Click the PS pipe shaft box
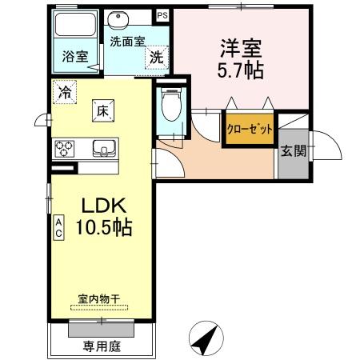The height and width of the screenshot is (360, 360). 162,15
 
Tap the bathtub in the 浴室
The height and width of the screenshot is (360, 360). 75,25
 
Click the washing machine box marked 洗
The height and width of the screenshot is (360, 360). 157,58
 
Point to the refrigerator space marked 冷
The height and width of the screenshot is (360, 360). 65,92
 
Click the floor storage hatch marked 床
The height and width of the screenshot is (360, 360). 103,110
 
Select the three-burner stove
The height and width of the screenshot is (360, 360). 64,149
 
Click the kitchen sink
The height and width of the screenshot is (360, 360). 104,148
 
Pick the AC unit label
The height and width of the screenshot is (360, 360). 58,228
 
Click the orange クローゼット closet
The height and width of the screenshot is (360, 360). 250,130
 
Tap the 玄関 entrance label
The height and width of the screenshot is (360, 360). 294,151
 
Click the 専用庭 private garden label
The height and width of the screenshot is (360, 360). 102,346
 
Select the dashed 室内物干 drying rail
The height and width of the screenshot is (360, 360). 99,307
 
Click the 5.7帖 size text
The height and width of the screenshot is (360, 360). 241,70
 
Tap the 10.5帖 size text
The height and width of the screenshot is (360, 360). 104,227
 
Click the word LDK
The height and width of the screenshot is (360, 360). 104,206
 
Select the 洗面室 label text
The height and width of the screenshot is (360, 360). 127,42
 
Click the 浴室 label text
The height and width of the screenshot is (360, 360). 75,56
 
